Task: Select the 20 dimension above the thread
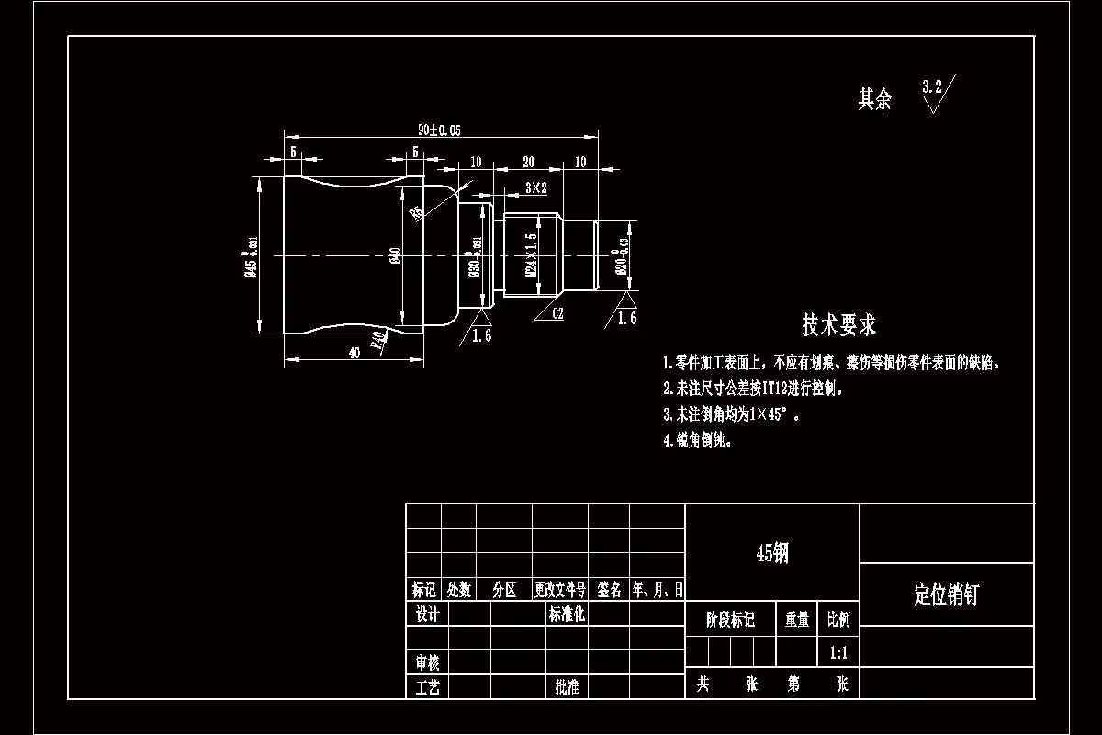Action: coord(528,162)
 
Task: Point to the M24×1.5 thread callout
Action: coord(531,254)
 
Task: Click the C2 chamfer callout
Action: coord(557,313)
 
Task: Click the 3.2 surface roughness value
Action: coord(932,87)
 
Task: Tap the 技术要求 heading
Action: coord(839,324)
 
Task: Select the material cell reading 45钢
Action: coord(772,552)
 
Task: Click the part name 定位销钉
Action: coord(947,594)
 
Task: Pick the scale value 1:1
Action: coord(838,653)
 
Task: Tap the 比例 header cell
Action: coord(838,619)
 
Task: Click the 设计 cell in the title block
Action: coord(428,614)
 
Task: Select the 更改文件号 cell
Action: coord(560,590)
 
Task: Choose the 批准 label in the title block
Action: coord(568,687)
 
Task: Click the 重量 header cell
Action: coord(797,619)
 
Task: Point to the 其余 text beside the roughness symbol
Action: coord(874,99)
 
